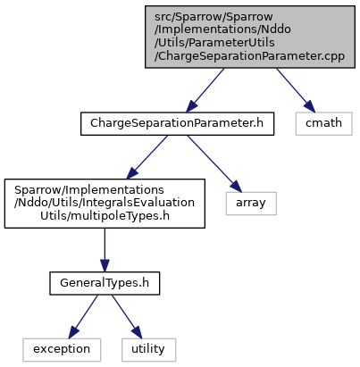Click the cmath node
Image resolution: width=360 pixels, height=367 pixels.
coord(323,123)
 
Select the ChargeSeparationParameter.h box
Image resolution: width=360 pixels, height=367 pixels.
coord(177,123)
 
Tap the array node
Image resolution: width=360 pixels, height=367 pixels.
coord(251,204)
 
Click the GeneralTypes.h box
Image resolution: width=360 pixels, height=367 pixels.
coord(105,283)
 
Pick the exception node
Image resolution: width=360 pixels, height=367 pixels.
coord(62,350)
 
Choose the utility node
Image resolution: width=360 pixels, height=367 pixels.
coord(148,350)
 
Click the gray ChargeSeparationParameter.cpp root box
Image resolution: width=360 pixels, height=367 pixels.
coord(250,37)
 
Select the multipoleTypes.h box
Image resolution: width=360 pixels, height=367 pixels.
coord(105,204)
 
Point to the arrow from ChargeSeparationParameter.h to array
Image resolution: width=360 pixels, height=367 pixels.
coord(214,163)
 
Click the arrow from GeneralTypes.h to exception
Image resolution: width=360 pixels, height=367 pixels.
coord(83,316)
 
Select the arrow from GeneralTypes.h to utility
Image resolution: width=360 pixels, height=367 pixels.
coord(127,316)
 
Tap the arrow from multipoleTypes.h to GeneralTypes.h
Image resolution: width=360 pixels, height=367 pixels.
coord(105,250)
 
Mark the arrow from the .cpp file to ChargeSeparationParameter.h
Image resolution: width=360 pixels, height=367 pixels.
coord(205,90)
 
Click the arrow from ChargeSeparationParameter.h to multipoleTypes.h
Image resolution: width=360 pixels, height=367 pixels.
coord(147,157)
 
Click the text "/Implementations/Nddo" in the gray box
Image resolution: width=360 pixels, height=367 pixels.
coord(222,29)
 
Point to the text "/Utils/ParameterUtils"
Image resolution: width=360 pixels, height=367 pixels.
coord(214,43)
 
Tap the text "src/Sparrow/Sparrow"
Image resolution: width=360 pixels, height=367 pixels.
coord(213,17)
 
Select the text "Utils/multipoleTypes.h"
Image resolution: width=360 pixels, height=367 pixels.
coord(105,216)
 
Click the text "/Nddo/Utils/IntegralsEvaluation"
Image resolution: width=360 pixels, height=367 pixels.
coord(105,203)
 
